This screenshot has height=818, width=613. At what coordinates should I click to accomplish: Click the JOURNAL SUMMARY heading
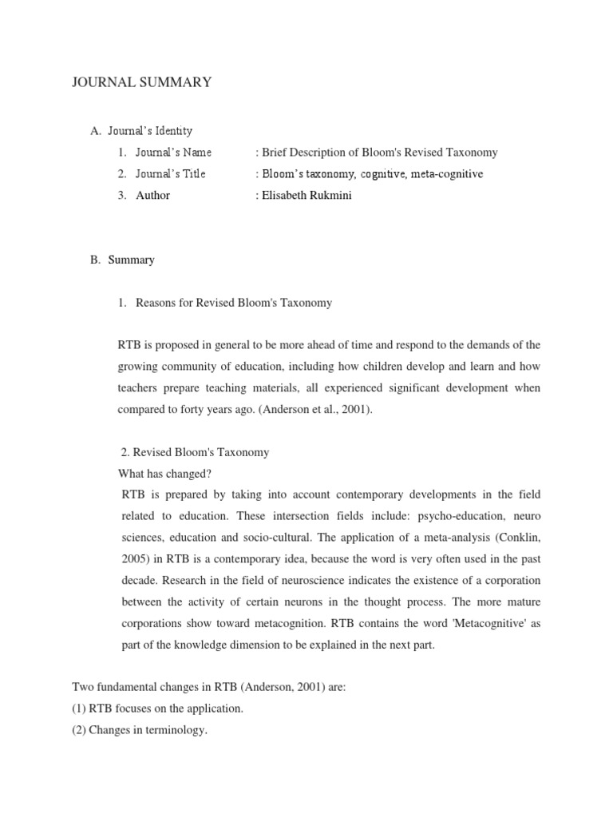[x=141, y=82]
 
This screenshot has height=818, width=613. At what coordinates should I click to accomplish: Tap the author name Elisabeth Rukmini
[x=303, y=195]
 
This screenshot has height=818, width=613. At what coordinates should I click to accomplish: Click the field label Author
[x=152, y=195]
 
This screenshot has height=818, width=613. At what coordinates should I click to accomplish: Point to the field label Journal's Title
[x=170, y=173]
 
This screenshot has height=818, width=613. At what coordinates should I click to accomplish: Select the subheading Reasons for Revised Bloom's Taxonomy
[x=234, y=303]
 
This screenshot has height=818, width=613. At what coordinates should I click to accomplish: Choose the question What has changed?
[x=164, y=473]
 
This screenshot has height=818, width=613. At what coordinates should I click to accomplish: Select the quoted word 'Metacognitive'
[x=477, y=624]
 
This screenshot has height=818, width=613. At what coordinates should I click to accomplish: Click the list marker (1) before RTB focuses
[x=80, y=709]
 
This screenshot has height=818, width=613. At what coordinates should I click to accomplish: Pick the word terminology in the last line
[x=176, y=730]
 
